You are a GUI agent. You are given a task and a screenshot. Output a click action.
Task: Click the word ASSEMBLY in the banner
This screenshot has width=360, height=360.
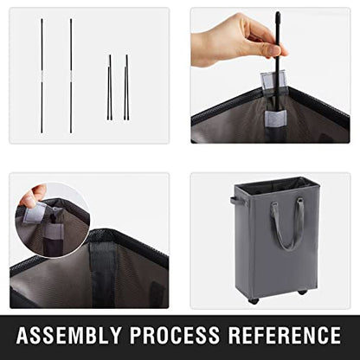click(x=68, y=335)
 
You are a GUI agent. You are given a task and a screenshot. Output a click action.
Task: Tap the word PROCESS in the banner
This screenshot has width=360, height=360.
click(x=175, y=335)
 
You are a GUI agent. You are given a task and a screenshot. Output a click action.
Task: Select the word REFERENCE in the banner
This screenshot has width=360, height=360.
click(x=285, y=335)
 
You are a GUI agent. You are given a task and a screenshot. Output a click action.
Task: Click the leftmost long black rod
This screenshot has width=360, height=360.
click(x=42, y=76)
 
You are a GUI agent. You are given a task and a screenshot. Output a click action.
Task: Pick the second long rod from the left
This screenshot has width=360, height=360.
click(x=71, y=76)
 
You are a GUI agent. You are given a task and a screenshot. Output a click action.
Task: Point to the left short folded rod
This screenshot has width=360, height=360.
click(x=110, y=87)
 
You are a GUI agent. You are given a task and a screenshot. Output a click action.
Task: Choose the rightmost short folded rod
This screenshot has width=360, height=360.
click(x=126, y=87)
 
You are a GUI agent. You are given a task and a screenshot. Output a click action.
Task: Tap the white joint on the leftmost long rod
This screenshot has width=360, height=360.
click(x=42, y=77)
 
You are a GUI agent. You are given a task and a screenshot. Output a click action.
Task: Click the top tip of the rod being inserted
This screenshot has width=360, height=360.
click(x=278, y=13)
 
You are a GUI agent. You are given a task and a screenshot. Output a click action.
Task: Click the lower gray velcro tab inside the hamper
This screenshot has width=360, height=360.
click(x=276, y=118)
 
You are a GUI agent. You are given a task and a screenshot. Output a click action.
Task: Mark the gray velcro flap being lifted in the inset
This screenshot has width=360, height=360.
click(x=35, y=213)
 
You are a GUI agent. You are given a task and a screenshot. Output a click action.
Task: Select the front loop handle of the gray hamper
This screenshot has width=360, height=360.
click(x=287, y=223)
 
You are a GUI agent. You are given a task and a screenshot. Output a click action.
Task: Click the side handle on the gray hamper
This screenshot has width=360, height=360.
click(x=237, y=202)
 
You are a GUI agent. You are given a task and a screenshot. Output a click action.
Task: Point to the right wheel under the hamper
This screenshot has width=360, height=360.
click(x=303, y=292)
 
